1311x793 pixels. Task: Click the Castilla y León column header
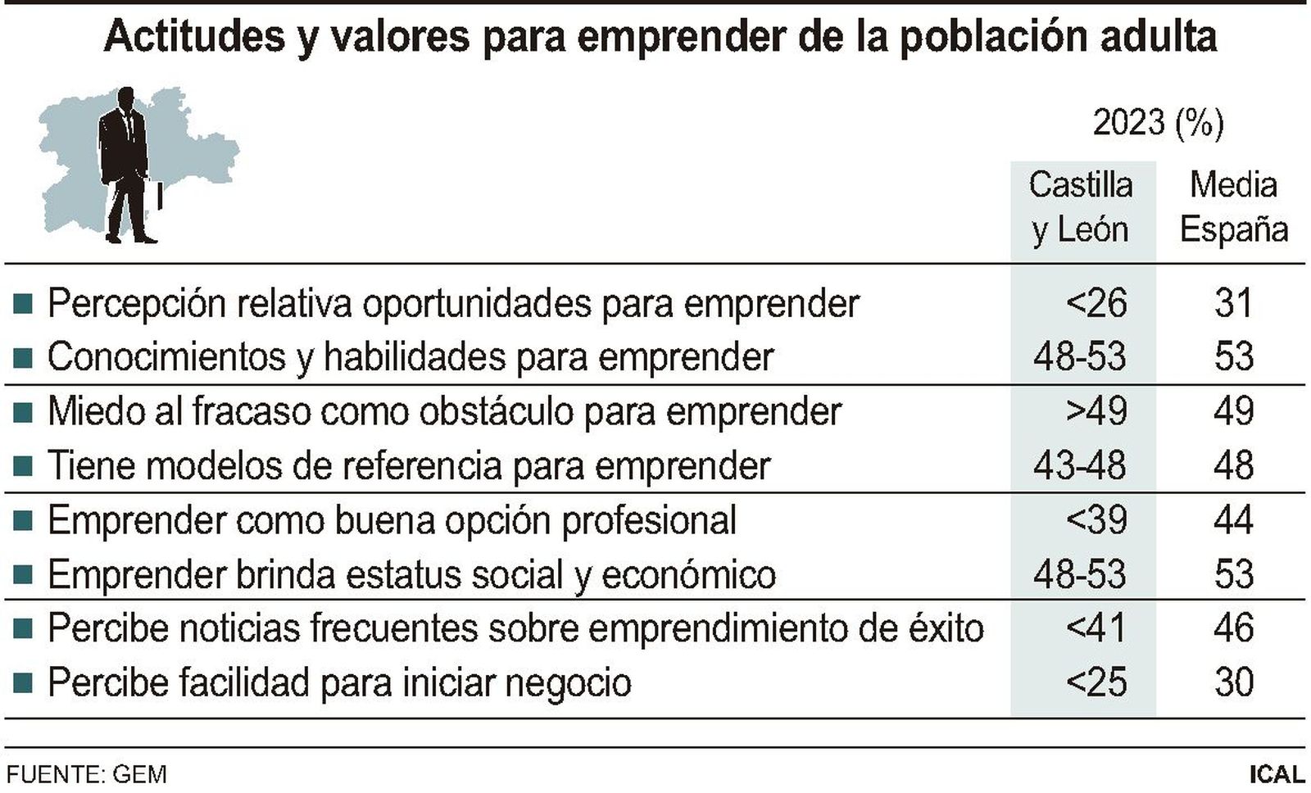(x=1081, y=207)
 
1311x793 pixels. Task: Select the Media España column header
(x=1233, y=207)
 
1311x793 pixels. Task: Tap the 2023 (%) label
(x=1158, y=123)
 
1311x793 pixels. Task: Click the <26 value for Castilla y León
(x=1096, y=303)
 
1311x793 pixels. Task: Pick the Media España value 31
(x=1233, y=303)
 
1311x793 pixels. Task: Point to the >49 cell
(x=1096, y=411)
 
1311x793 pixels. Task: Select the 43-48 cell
(x=1080, y=465)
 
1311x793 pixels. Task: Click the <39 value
(x=1096, y=520)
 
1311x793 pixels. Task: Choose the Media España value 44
(x=1233, y=520)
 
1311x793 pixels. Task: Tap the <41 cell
(x=1096, y=628)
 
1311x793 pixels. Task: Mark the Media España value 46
(x=1233, y=628)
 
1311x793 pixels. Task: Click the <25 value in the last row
(x=1096, y=682)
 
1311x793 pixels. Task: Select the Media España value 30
(x=1233, y=682)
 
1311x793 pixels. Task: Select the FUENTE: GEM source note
(x=86, y=774)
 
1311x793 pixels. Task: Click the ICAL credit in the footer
(x=1277, y=774)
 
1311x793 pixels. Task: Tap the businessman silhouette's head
(x=126, y=98)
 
